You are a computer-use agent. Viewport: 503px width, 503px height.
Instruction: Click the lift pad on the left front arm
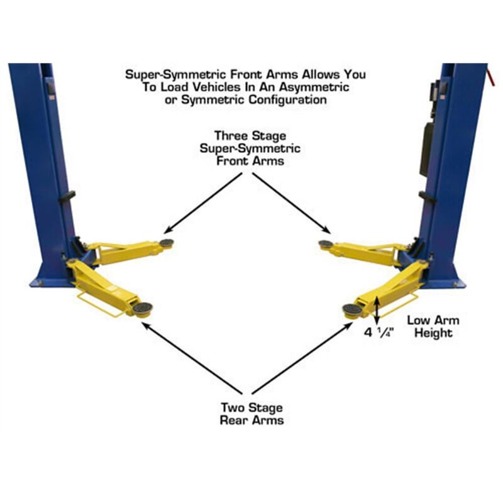[167, 242]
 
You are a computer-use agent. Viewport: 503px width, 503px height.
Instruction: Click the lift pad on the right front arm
[326, 244]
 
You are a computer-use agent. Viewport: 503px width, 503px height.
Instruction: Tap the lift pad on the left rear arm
[141, 308]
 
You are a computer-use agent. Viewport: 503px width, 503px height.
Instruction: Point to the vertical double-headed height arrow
[376, 309]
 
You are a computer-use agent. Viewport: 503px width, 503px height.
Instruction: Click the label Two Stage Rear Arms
[251, 413]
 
